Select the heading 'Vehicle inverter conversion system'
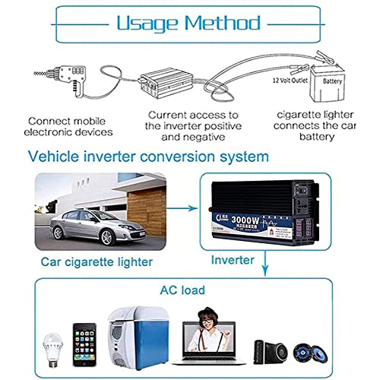pos(148,157)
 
